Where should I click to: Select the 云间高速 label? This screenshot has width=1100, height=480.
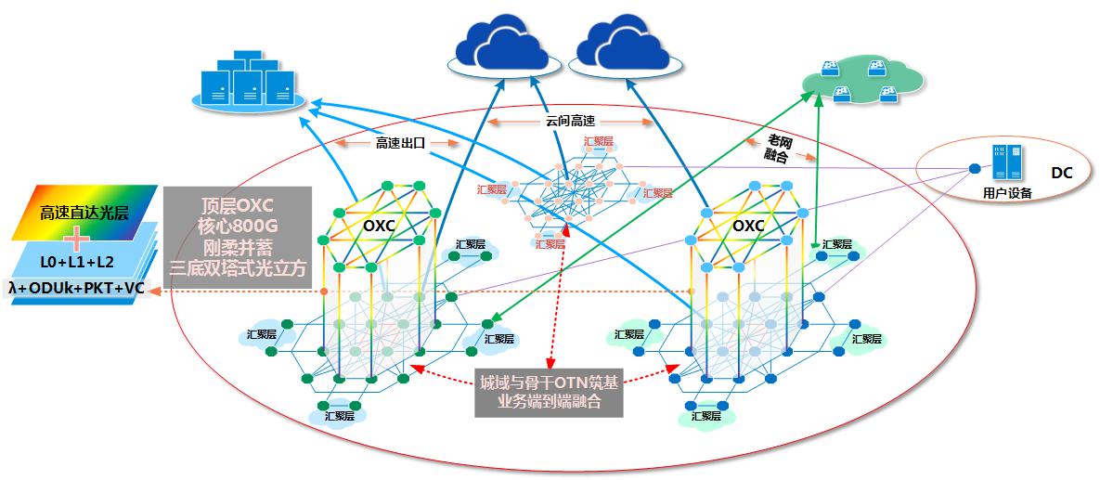pos(570,121)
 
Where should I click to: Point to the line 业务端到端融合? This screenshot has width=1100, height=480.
pos(547,402)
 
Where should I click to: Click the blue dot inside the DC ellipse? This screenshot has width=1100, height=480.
pos(974,168)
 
